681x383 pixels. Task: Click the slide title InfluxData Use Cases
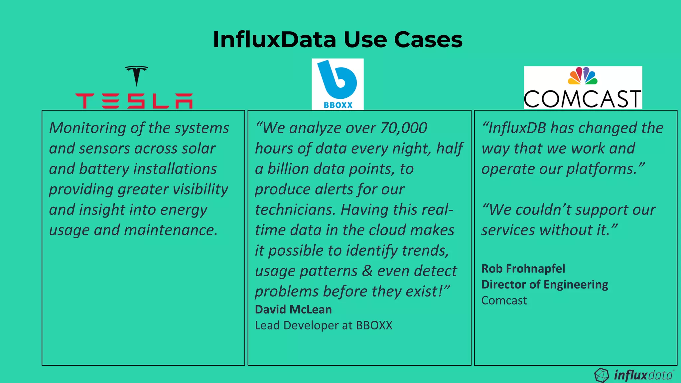tap(338, 40)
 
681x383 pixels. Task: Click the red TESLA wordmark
tap(134, 101)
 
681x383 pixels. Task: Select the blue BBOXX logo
tap(337, 84)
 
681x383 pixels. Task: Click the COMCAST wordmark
tap(583, 99)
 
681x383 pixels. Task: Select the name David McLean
tap(293, 310)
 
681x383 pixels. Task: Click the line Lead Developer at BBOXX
tap(323, 325)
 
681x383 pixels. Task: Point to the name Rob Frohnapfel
tap(523, 269)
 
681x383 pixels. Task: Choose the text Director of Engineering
tap(545, 285)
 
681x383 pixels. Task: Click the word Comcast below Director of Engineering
tap(504, 301)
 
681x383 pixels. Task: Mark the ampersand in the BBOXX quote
tap(367, 271)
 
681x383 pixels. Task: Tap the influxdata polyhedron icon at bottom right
tap(601, 375)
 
